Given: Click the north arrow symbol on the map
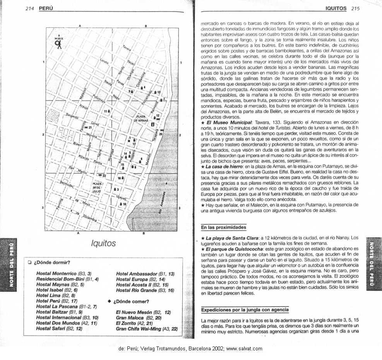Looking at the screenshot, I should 58,44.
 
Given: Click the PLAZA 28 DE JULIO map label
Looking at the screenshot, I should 97,188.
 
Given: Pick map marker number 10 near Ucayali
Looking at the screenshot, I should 123,204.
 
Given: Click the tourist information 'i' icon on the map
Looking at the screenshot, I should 153,124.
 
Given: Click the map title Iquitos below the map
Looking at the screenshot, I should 103,243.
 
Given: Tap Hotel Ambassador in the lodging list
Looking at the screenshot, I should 137,274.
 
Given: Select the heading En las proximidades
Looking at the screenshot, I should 223,227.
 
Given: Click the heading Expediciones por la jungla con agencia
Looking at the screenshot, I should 245,310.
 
